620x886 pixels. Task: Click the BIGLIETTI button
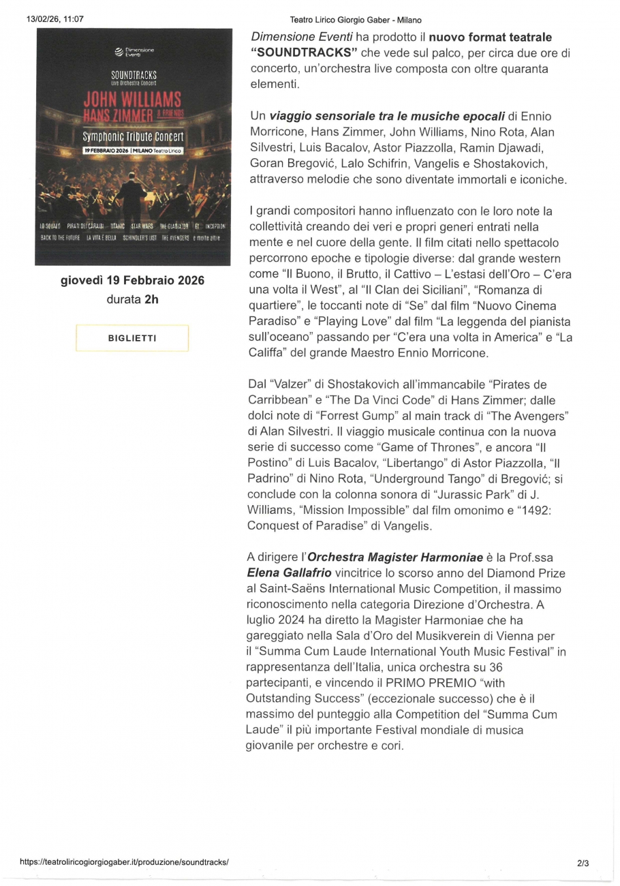pyautogui.click(x=132, y=338)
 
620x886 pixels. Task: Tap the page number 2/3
pyautogui.click(x=583, y=863)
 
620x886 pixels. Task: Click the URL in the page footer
pyautogui.click(x=125, y=861)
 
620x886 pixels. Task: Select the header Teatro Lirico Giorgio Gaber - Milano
pyautogui.click(x=356, y=20)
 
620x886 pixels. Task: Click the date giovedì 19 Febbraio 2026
pyautogui.click(x=132, y=281)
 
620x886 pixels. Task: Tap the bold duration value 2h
pyautogui.click(x=151, y=299)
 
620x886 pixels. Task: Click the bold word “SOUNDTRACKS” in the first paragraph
pyautogui.click(x=304, y=52)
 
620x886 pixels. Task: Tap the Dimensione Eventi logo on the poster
pyautogui.click(x=134, y=52)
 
